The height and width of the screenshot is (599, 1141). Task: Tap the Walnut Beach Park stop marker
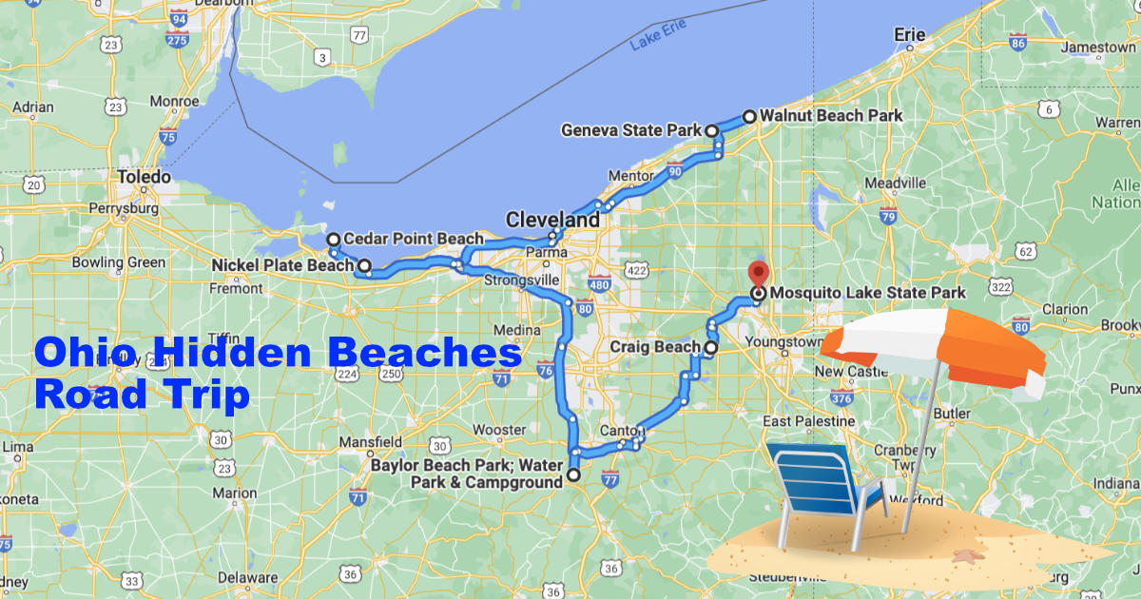point(749,117)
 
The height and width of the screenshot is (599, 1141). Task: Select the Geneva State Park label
point(631,130)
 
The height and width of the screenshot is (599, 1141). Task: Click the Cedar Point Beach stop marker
point(333,239)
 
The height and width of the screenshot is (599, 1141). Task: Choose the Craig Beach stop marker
point(710,349)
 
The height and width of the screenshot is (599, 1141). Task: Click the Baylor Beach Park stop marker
point(573,474)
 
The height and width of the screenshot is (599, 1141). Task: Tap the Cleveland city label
point(552,220)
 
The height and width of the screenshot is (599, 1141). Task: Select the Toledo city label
point(143,177)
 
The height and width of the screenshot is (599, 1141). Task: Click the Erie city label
point(909,35)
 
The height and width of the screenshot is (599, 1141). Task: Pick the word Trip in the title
point(203,393)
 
